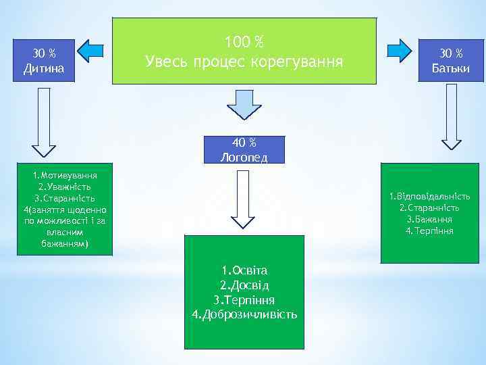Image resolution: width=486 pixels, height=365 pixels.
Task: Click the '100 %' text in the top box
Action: [x=244, y=43]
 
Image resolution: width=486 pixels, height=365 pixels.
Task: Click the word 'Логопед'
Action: [x=244, y=157]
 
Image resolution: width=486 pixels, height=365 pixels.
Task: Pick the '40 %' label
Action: [x=244, y=143]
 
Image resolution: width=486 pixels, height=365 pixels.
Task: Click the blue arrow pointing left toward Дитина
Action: [x=90, y=51]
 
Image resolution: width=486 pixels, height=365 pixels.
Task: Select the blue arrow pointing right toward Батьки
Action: [x=400, y=51]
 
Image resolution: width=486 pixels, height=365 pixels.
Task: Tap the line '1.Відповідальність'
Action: [x=429, y=197]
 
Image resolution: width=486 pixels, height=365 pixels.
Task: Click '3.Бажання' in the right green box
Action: [x=429, y=220]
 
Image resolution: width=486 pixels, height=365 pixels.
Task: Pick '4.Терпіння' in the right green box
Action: [x=429, y=231]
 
